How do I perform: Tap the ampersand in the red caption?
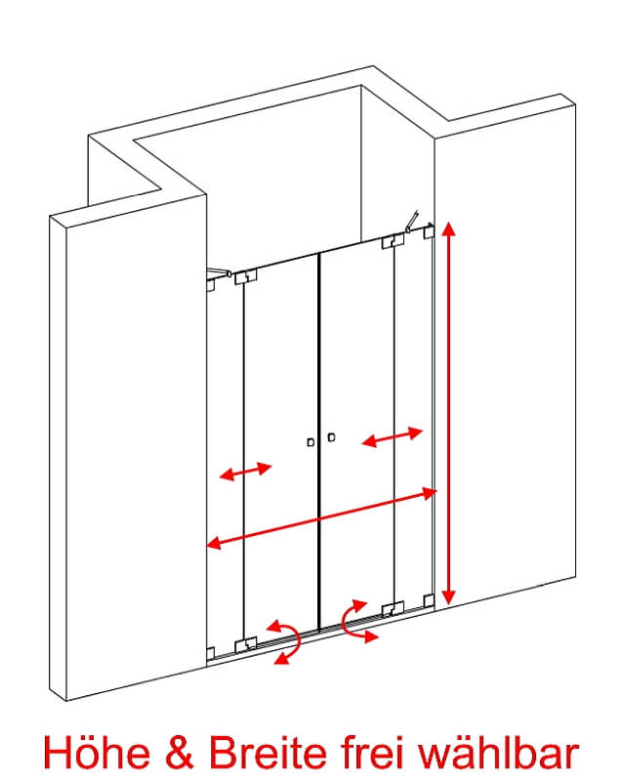coord(179,752)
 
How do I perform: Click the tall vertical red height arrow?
coord(449,413)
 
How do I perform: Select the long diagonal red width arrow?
coord(321,518)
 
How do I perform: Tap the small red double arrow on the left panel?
coord(246,472)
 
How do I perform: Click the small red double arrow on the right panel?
coord(393,436)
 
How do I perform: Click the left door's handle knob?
coord(311,442)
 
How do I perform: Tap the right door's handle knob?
coord(331,436)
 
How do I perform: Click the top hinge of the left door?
coord(245,276)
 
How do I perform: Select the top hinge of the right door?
coord(393,241)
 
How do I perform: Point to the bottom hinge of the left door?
coord(245,644)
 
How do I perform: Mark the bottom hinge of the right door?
coord(393,608)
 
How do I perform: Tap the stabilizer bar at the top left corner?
coord(220,271)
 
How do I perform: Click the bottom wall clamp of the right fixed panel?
coord(429,600)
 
